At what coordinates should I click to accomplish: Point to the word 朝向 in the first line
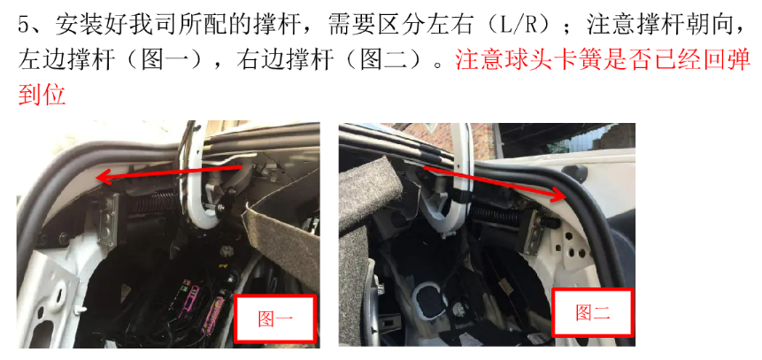[x=704, y=25]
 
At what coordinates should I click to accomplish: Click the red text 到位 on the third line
[x=42, y=95]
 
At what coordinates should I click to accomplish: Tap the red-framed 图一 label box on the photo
[x=275, y=318]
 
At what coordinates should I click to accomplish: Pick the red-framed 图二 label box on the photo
[x=593, y=312]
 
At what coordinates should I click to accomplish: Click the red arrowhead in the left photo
[x=102, y=178]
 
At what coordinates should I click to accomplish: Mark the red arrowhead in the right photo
[x=560, y=195]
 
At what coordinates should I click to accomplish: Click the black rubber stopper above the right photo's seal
[x=573, y=173]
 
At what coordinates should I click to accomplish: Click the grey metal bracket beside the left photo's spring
[x=108, y=218]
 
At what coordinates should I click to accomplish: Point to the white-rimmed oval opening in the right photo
[x=427, y=300]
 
